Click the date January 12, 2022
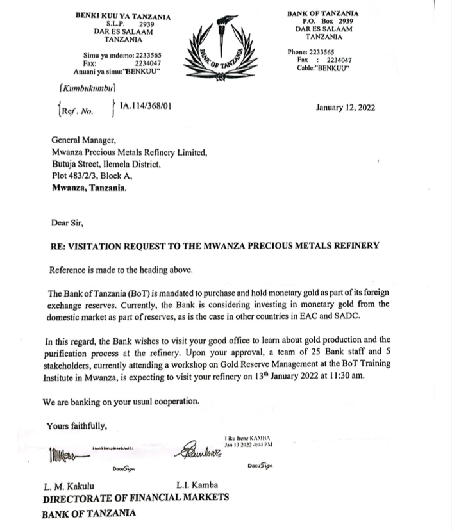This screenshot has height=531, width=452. coord(346,107)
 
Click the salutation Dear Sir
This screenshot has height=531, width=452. coord(67,223)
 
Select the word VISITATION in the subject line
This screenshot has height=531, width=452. coord(99,245)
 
